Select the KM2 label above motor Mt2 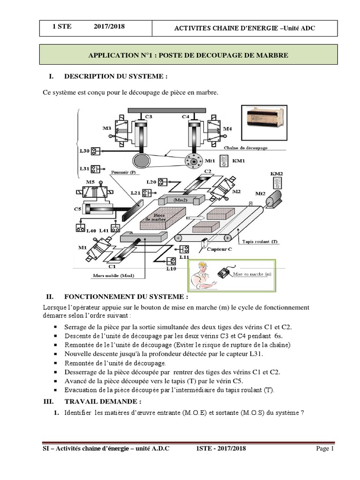tap(277, 173)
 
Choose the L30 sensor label tap(84, 150)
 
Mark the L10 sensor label tap(171, 269)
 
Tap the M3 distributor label tap(107, 128)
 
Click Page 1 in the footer tap(324, 449)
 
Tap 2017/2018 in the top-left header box tap(109, 27)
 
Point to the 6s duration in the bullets tap(278, 336)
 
